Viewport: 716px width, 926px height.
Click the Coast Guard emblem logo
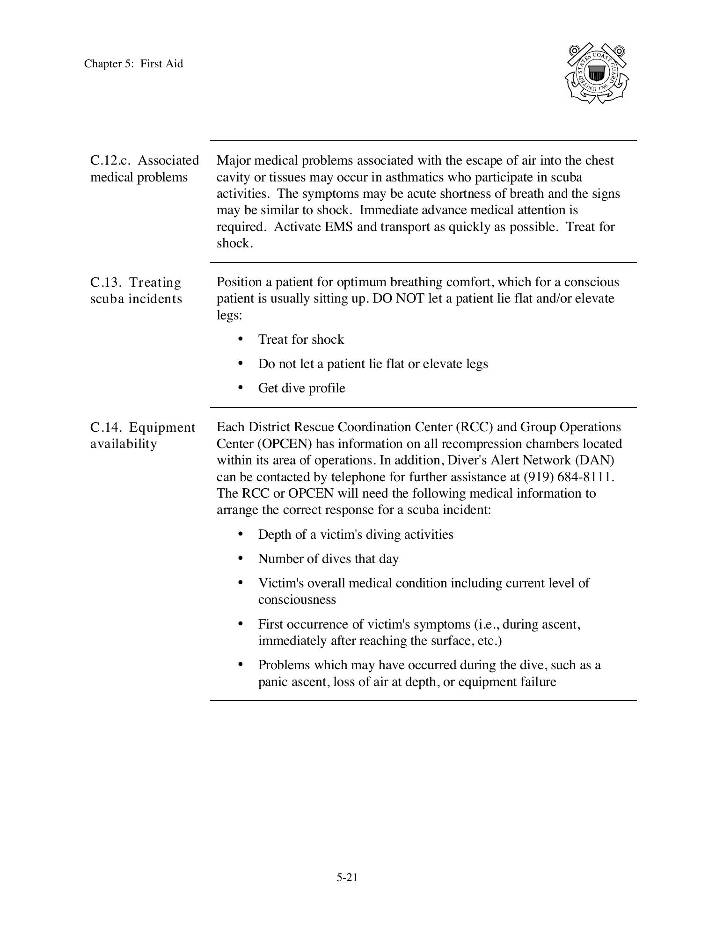[x=596, y=73]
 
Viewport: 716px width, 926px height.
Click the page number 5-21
[x=347, y=877]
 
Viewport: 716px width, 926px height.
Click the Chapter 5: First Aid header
[x=133, y=64]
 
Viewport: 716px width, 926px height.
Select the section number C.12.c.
[x=110, y=160]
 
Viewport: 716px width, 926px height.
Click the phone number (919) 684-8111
[x=568, y=477]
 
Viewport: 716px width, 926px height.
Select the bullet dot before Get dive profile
[x=241, y=388]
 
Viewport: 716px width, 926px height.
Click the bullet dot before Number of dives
[x=241, y=558]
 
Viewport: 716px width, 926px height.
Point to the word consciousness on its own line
[x=297, y=600]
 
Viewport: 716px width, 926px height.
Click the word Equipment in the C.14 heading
[x=162, y=427]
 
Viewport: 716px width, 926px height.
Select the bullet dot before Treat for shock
[x=241, y=339]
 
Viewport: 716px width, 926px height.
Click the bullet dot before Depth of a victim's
[x=241, y=534]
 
